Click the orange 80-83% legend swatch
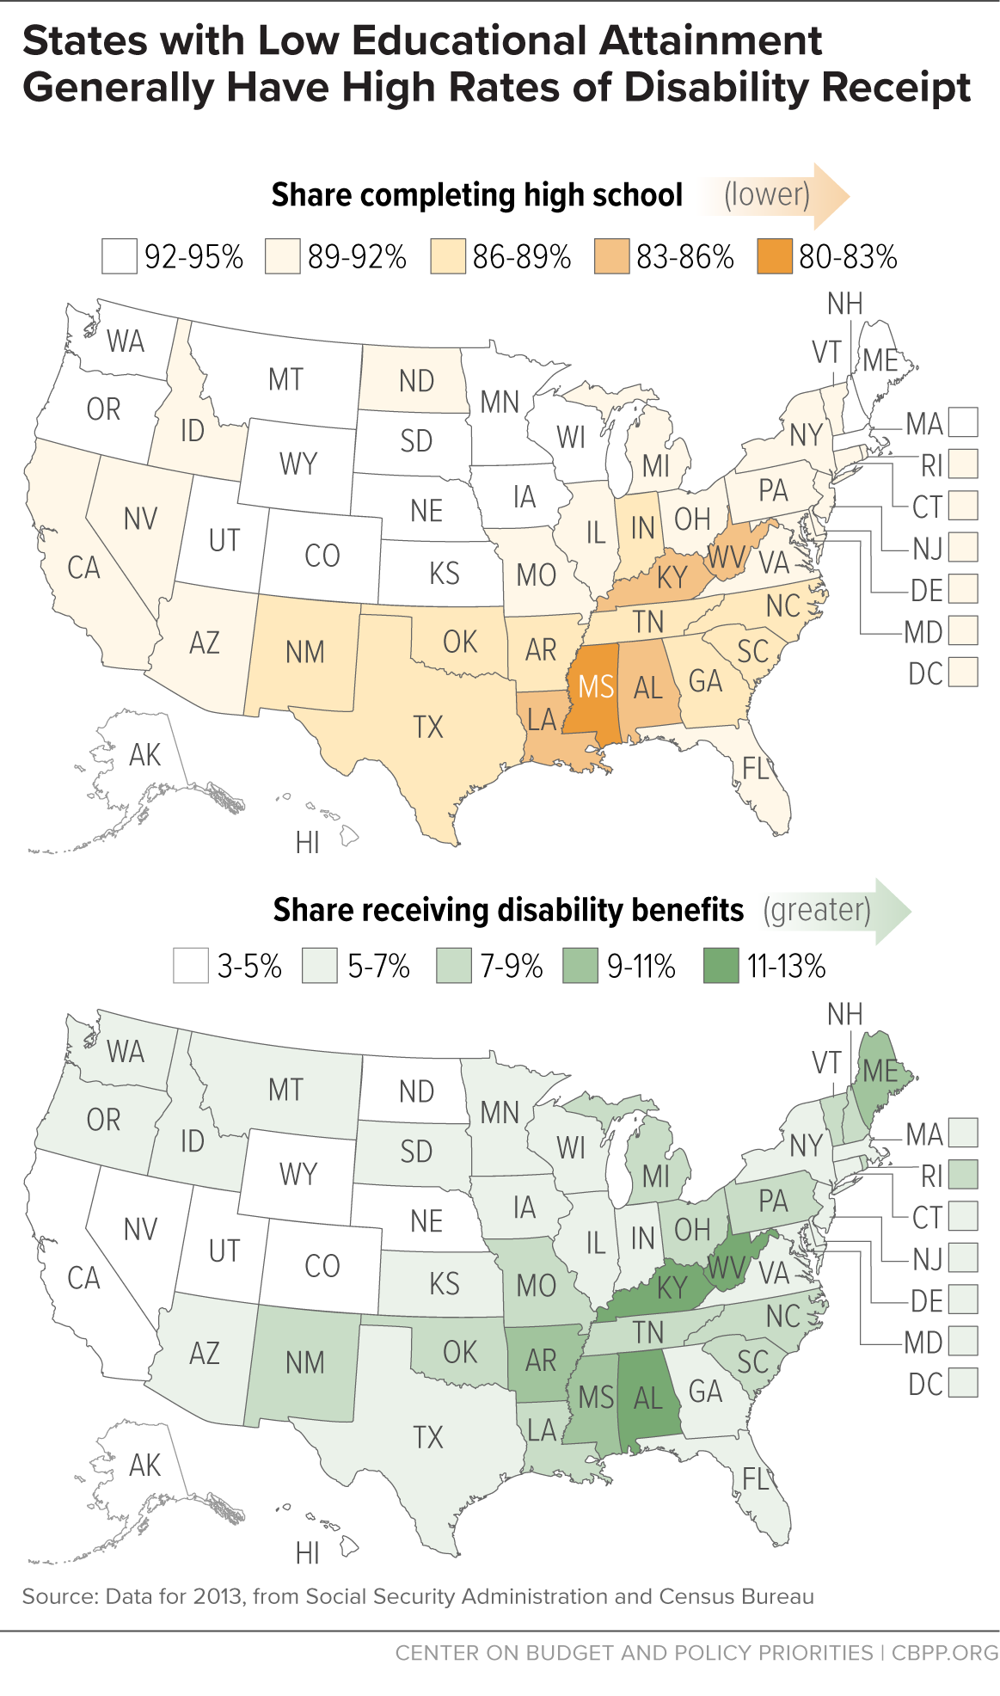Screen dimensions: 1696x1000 775,256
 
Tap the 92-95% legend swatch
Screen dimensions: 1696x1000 119,256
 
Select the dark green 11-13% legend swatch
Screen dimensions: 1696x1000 721,966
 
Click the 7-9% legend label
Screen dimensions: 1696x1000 512,967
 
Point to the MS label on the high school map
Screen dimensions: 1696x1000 596,687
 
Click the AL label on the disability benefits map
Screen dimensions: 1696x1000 648,1398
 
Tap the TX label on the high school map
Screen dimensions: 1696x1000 428,728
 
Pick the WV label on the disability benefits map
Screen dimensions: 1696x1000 726,1267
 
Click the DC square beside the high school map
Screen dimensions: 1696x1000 963,672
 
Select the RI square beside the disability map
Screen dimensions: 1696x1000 963,1175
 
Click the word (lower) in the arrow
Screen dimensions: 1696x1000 767,194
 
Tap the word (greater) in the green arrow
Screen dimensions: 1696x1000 817,909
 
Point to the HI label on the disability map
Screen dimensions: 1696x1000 308,1553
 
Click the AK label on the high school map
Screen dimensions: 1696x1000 144,755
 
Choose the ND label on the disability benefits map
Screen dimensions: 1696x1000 416,1091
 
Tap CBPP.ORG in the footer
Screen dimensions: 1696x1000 944,1653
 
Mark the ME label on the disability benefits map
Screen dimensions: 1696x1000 880,1071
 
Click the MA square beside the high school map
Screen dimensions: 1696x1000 963,422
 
